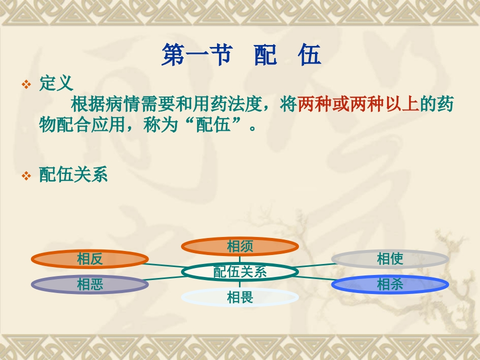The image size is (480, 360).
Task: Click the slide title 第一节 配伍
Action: click(x=241, y=54)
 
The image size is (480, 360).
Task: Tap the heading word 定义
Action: click(x=56, y=83)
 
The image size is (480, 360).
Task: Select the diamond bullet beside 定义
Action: click(x=26, y=84)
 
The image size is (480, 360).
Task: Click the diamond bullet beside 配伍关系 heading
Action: click(x=26, y=175)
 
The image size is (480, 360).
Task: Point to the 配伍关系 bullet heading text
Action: click(x=73, y=174)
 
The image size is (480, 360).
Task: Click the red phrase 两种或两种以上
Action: click(x=358, y=104)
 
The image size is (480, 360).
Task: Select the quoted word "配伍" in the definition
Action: click(x=213, y=124)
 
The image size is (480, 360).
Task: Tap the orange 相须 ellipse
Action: click(x=239, y=246)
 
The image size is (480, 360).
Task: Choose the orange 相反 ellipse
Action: click(x=89, y=259)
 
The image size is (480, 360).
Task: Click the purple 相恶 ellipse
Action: click(x=89, y=284)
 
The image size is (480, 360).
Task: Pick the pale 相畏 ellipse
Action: click(x=239, y=297)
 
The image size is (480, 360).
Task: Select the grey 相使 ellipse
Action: click(x=390, y=259)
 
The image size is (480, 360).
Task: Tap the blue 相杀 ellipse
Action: click(x=390, y=284)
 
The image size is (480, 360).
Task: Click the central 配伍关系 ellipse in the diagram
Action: click(x=239, y=272)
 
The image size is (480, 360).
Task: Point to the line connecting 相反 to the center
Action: click(x=163, y=265)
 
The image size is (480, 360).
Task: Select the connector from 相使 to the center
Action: click(x=316, y=265)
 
